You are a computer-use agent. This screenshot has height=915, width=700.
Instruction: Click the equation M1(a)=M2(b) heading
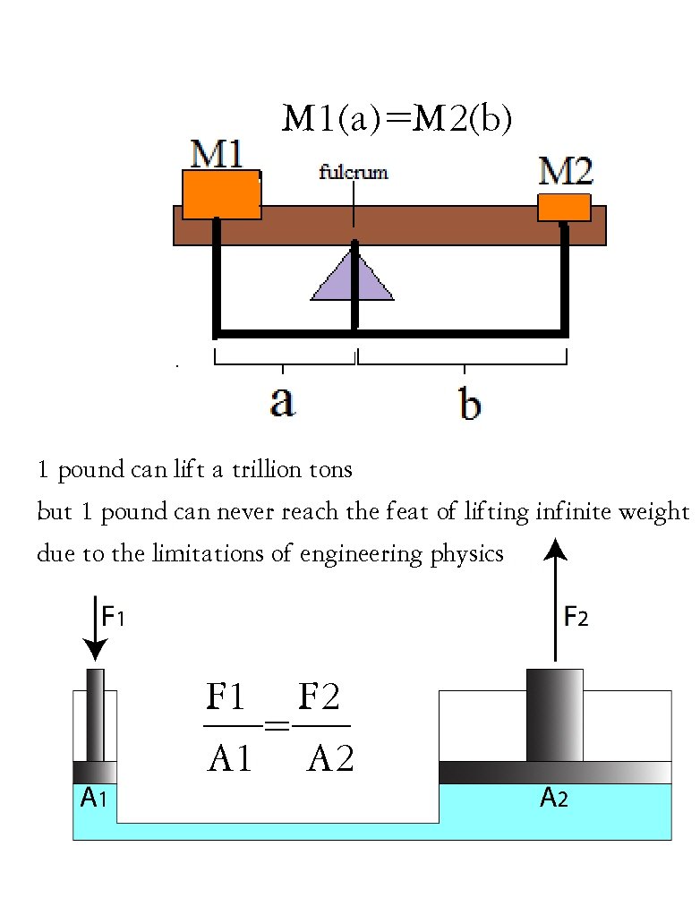click(397, 119)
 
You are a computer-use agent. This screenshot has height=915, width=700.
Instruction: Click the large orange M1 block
click(221, 194)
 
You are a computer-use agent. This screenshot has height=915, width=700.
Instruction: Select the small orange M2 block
click(563, 207)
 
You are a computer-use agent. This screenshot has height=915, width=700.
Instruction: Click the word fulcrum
click(354, 173)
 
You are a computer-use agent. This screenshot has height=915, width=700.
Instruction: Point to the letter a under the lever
click(282, 403)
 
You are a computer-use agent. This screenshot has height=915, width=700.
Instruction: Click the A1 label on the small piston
click(93, 799)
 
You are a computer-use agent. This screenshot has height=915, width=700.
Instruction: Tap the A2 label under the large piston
click(553, 799)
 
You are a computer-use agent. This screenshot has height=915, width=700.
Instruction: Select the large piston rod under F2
click(554, 714)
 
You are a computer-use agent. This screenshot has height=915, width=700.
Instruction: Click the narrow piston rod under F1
click(95, 714)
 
